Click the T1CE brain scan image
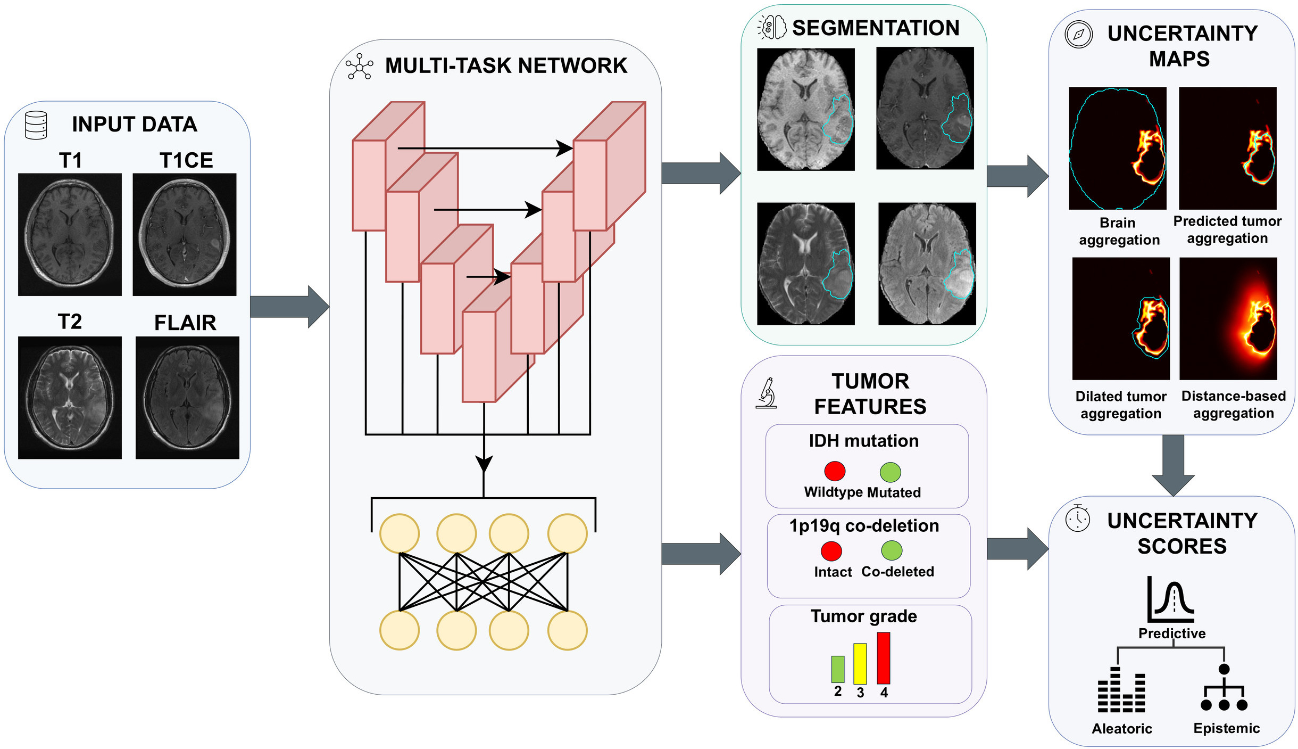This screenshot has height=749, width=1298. tap(185, 234)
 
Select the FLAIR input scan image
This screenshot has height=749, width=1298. tap(187, 398)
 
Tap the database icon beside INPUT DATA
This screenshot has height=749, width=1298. tap(36, 125)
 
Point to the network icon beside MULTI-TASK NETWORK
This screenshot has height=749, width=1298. tap(360, 67)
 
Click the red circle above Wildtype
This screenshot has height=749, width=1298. tap(835, 471)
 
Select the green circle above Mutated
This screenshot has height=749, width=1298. tap(891, 472)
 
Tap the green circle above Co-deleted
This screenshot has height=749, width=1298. tap(892, 550)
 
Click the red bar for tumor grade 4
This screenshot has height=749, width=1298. tap(884, 658)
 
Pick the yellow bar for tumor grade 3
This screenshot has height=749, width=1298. tap(860, 664)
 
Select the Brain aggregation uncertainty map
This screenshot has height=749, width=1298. tap(1118, 148)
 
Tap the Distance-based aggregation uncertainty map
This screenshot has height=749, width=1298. tap(1228, 318)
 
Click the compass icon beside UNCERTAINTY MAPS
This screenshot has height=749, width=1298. tap(1079, 35)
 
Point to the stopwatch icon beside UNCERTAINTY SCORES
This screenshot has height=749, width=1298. tap(1078, 518)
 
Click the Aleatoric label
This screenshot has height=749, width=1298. tap(1122, 729)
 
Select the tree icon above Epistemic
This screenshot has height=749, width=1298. tap(1224, 687)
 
